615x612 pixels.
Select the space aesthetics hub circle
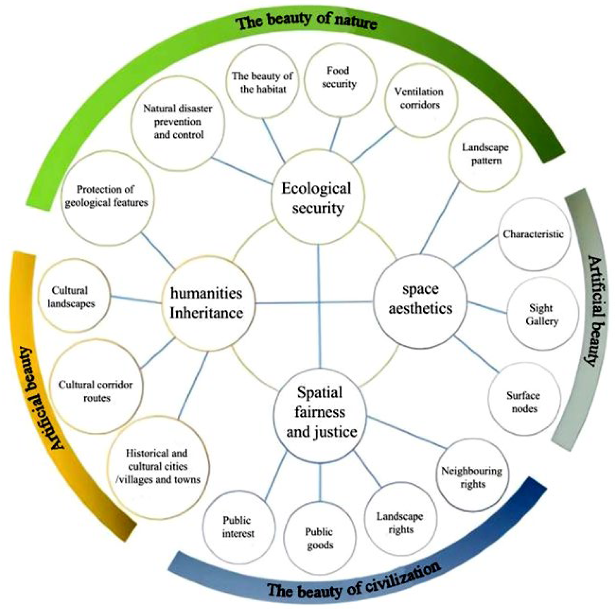point(420,301)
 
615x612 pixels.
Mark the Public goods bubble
point(320,538)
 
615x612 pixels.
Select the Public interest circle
point(238,527)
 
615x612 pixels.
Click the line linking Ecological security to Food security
point(335,135)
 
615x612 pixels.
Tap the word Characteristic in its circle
point(533,234)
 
